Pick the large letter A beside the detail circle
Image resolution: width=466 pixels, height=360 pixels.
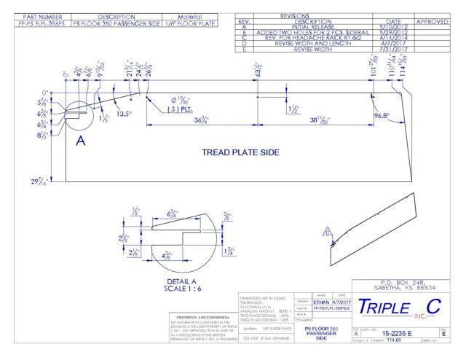click(x=81, y=141)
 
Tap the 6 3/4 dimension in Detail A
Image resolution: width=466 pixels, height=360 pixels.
click(x=173, y=214)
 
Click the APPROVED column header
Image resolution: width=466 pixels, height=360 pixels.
click(x=434, y=22)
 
